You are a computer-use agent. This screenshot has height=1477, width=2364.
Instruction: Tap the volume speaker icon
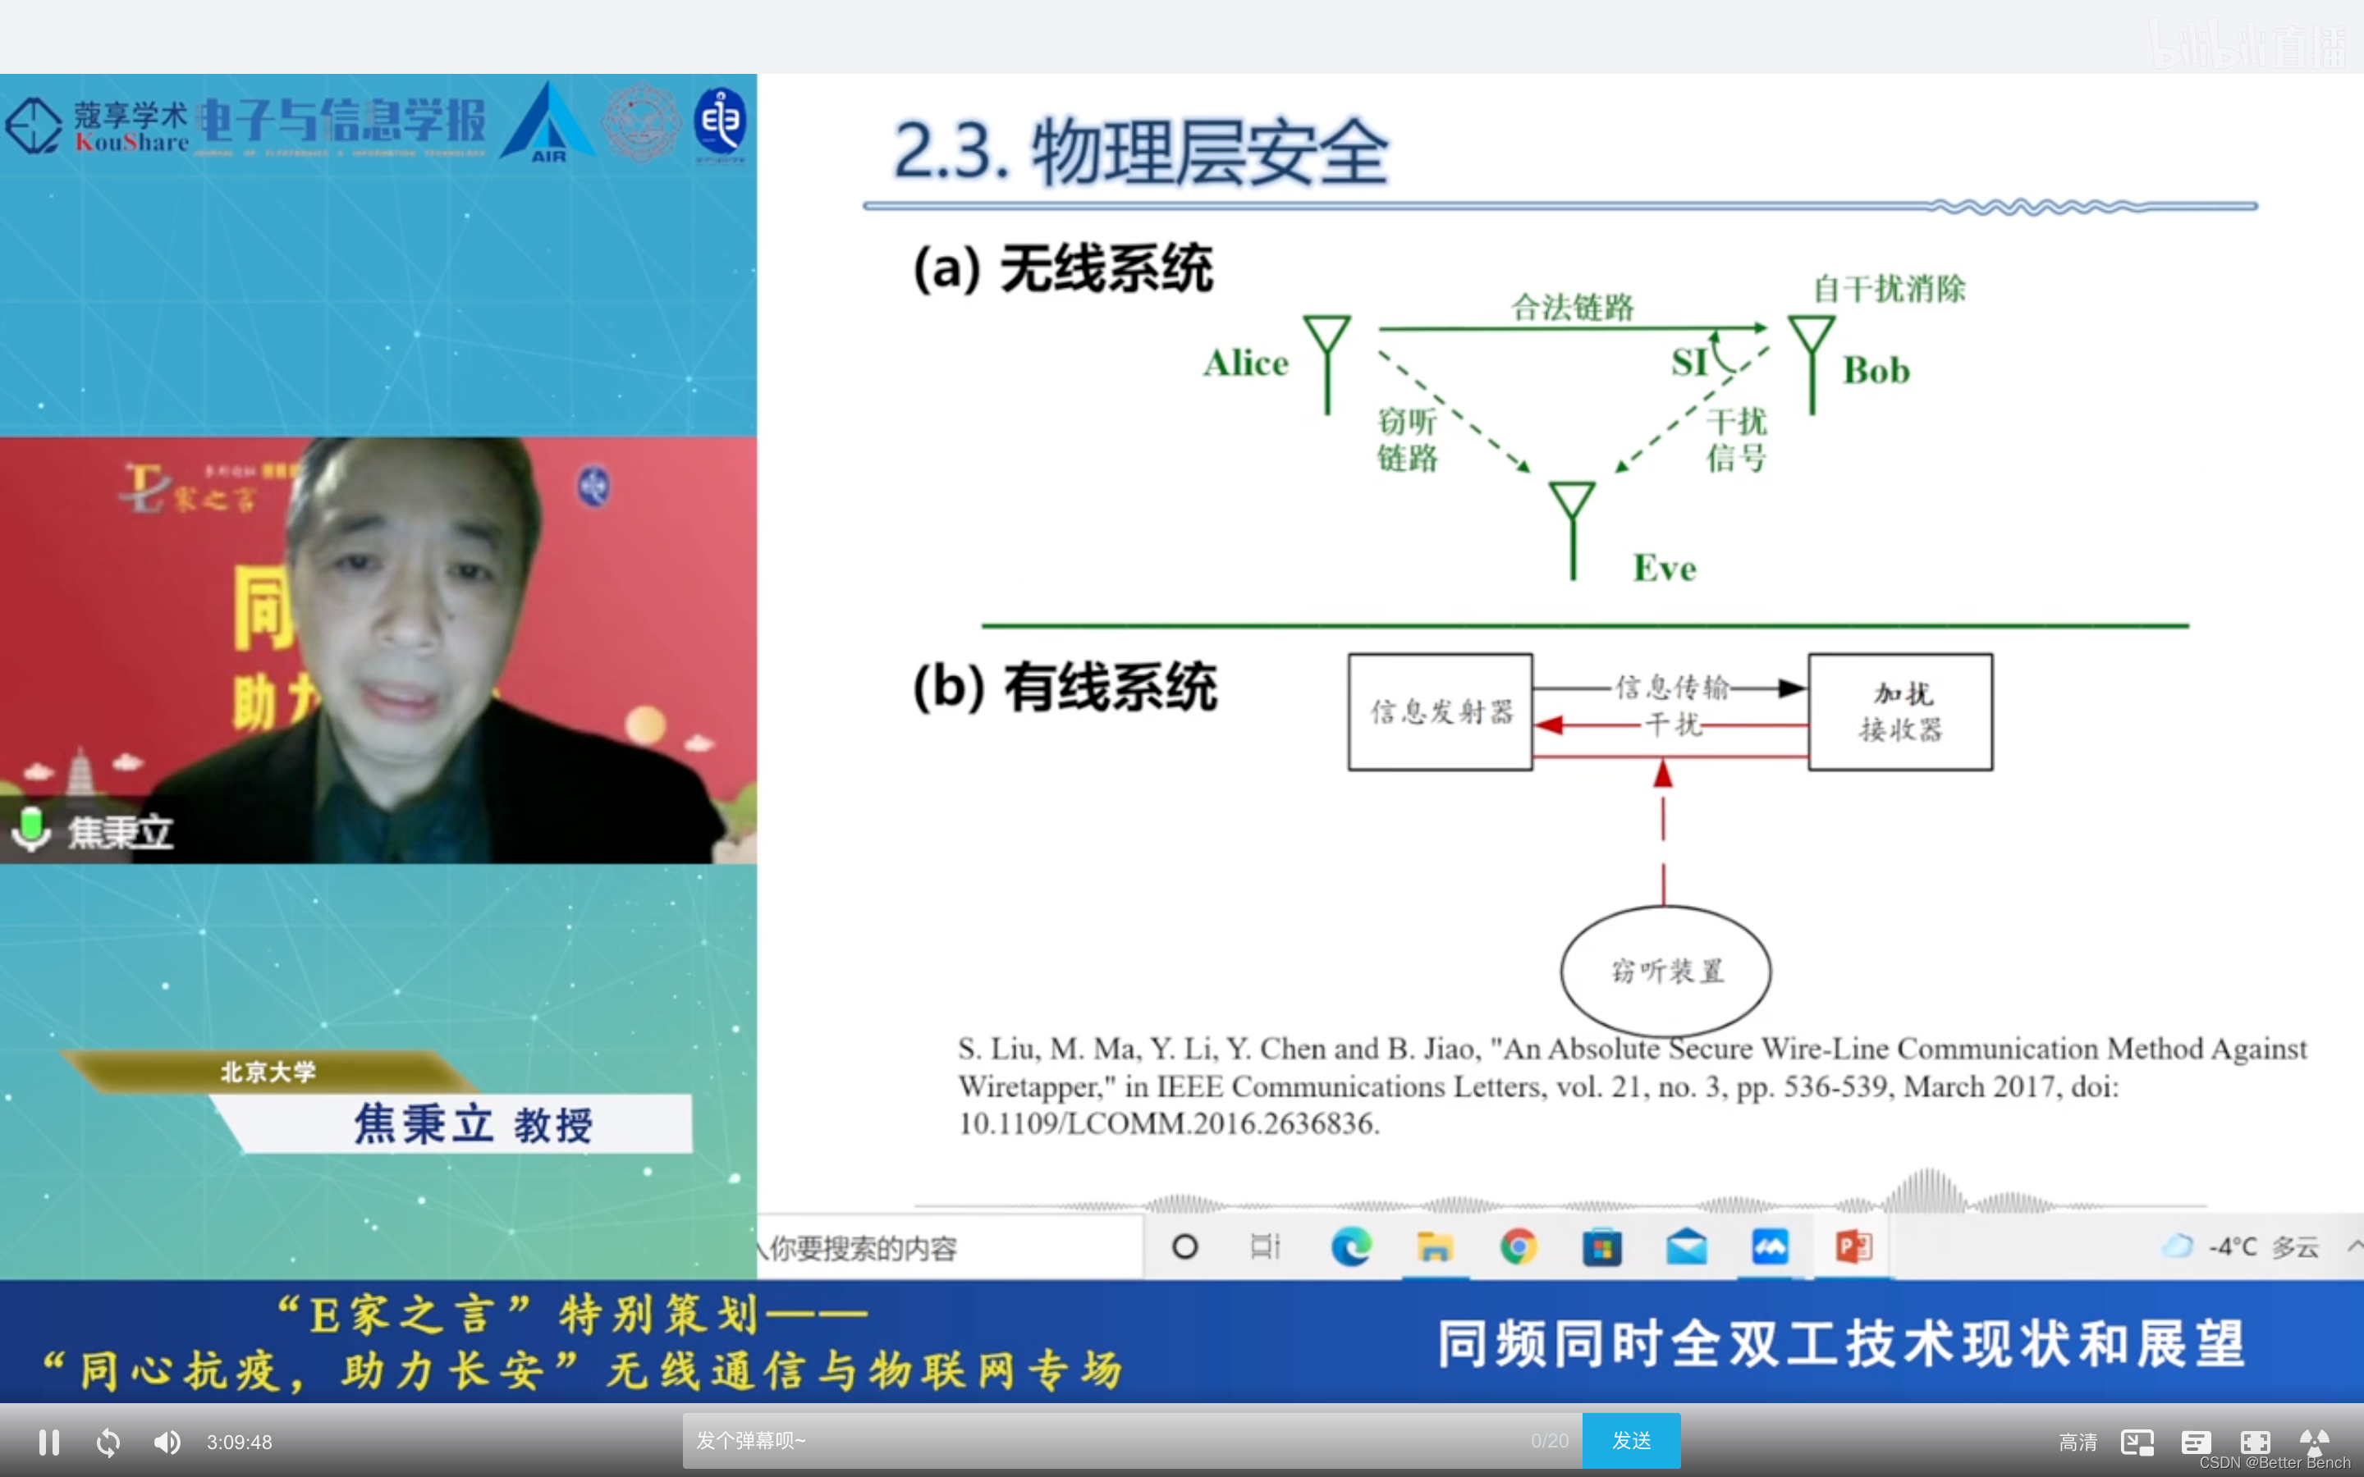167,1442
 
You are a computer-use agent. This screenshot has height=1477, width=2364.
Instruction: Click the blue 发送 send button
1630,1441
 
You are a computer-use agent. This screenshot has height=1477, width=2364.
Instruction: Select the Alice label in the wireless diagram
1245,364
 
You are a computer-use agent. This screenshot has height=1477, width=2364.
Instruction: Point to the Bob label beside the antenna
1876,371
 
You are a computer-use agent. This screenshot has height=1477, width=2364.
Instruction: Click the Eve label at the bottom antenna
1665,569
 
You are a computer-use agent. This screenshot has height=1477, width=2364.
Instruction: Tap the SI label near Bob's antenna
1689,363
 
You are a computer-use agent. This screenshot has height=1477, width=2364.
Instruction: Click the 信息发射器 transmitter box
1440,712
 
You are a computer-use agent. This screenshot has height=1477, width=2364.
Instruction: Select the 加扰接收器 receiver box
1900,712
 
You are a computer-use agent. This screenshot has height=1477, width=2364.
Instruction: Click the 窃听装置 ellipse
1665,971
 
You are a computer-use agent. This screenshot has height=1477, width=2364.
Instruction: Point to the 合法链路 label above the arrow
1572,308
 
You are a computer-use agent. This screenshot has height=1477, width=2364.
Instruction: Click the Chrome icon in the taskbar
1518,1246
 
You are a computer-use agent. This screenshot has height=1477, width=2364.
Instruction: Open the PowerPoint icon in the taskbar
1853,1246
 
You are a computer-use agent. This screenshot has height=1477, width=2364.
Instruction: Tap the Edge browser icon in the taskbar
1351,1246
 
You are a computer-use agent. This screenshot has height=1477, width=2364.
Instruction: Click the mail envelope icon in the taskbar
1686,1246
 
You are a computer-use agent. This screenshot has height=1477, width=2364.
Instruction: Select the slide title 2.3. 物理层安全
1140,153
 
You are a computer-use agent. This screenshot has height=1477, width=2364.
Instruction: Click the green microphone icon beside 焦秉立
31,830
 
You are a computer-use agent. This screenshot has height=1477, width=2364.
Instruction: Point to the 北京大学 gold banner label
268,1072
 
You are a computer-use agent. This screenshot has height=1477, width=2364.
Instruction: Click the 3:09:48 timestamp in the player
240,1442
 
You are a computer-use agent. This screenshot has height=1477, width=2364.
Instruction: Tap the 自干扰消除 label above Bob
1890,289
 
